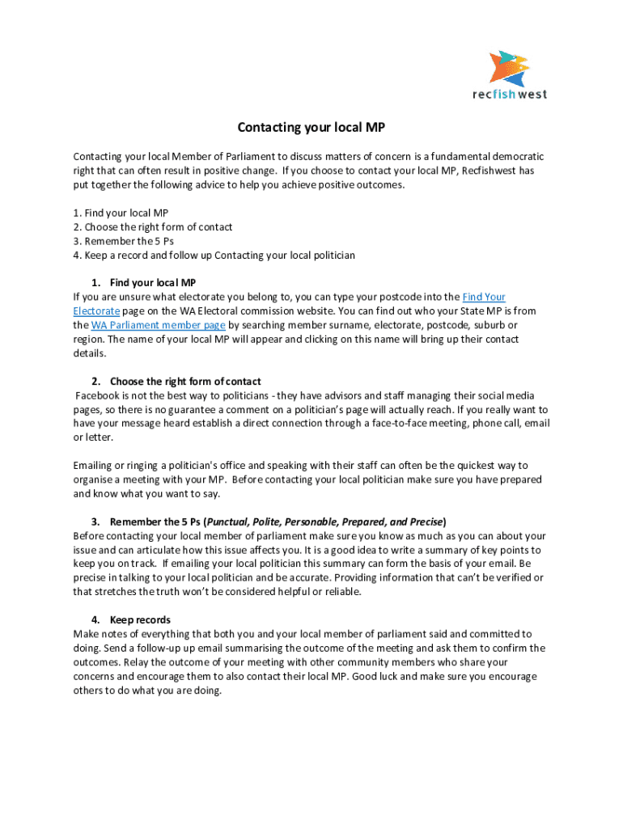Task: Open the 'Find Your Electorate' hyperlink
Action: tap(484, 297)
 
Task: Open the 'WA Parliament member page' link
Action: tap(158, 325)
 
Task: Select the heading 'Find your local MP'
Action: tap(153, 282)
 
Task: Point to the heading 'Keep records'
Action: tap(140, 620)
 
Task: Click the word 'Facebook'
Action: tap(98, 395)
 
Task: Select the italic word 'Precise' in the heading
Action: tap(426, 522)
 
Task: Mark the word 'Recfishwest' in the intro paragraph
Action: tap(489, 171)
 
